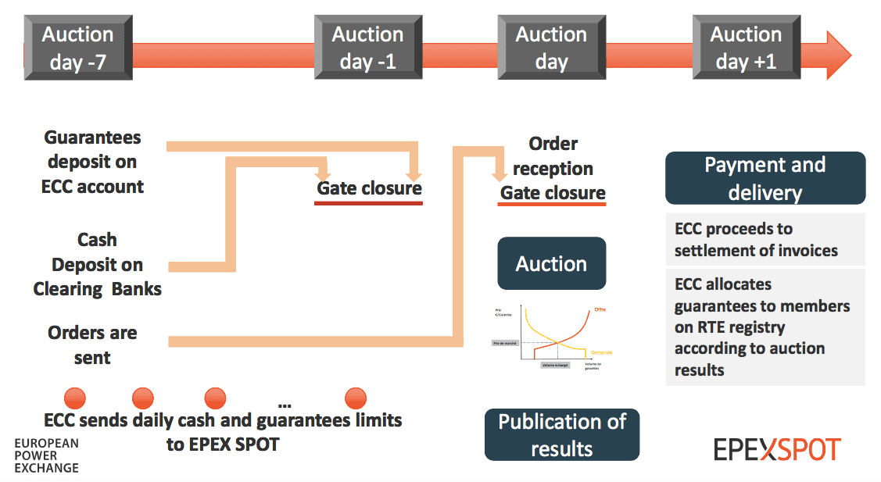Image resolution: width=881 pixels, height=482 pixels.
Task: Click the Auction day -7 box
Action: [x=77, y=48]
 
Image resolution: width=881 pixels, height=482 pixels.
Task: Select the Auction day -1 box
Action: [x=367, y=48]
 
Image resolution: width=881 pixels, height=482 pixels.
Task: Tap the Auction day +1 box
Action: [x=746, y=48]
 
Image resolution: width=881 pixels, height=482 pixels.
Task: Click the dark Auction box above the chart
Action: [x=551, y=263]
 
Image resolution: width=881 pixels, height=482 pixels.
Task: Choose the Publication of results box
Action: [x=562, y=434]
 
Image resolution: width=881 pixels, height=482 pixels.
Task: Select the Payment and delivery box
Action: [x=765, y=178]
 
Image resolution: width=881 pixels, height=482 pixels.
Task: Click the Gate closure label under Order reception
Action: [x=553, y=193]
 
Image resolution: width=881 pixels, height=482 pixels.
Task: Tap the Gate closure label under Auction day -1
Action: [x=369, y=188]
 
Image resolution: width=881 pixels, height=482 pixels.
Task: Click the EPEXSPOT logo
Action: [x=776, y=449]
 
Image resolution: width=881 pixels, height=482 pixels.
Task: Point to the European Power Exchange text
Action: [x=47, y=455]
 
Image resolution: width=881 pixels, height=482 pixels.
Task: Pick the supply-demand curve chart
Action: [x=550, y=338]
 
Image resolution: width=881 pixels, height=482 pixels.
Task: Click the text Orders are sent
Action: [x=92, y=345]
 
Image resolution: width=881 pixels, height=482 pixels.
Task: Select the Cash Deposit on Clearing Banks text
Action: [x=97, y=264]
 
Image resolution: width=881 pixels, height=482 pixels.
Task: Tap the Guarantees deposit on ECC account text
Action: [x=92, y=162]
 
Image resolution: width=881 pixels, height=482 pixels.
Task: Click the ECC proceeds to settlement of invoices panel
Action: [x=765, y=240]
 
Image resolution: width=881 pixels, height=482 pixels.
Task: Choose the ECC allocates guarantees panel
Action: [x=765, y=327]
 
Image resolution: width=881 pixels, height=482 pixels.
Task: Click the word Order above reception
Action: [x=553, y=144]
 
